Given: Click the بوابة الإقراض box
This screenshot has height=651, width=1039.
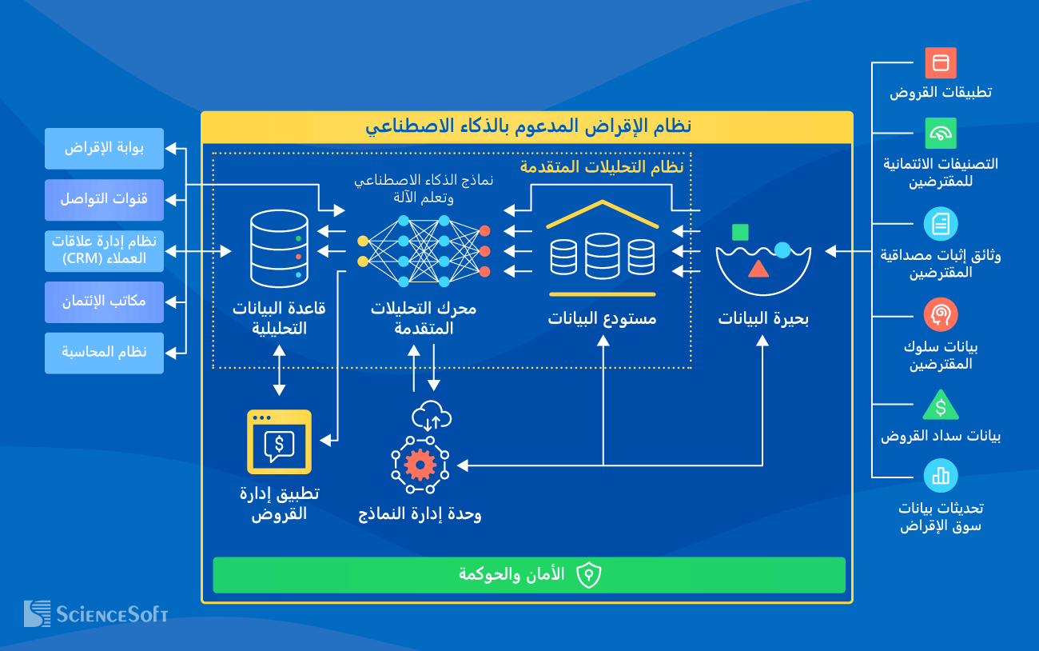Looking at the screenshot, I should coord(104,149).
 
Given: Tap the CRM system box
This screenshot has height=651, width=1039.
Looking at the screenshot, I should coord(104,250).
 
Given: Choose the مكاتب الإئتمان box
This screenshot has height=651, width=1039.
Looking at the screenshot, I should coord(104,302).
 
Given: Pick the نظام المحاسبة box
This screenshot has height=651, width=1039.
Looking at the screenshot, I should coord(104,353).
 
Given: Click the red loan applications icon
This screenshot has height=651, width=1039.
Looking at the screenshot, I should coord(941,63).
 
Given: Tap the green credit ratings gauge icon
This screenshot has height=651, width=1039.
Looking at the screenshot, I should coord(941,134).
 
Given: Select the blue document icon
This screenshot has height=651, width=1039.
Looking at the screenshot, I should coord(941,224).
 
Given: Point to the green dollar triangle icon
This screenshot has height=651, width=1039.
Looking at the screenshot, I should coord(941,406).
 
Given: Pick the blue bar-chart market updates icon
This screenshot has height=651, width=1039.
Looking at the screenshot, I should coord(941,476).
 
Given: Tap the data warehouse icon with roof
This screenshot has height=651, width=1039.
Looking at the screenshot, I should coord(603,244).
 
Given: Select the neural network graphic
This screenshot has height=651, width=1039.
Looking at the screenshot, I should coord(424,250).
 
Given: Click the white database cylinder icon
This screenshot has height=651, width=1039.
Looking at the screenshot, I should coord(278,249).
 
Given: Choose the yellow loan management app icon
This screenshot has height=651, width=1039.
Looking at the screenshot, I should coord(279,442).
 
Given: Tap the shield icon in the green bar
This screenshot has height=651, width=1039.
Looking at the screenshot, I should coord(588,575).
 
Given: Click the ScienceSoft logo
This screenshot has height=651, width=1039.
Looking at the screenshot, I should coord(96,613).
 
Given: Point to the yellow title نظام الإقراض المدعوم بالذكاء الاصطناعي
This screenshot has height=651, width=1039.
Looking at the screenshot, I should coord(527,126).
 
